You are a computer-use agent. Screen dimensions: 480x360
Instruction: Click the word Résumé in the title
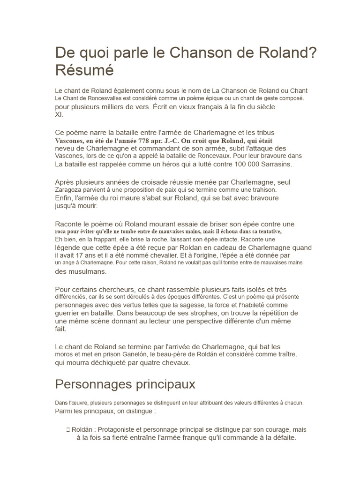(x=85, y=70)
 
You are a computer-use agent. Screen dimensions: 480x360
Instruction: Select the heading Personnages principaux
(x=125, y=384)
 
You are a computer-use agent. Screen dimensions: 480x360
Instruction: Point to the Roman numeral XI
(x=59, y=114)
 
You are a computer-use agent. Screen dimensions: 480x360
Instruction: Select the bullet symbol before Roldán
(x=68, y=430)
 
